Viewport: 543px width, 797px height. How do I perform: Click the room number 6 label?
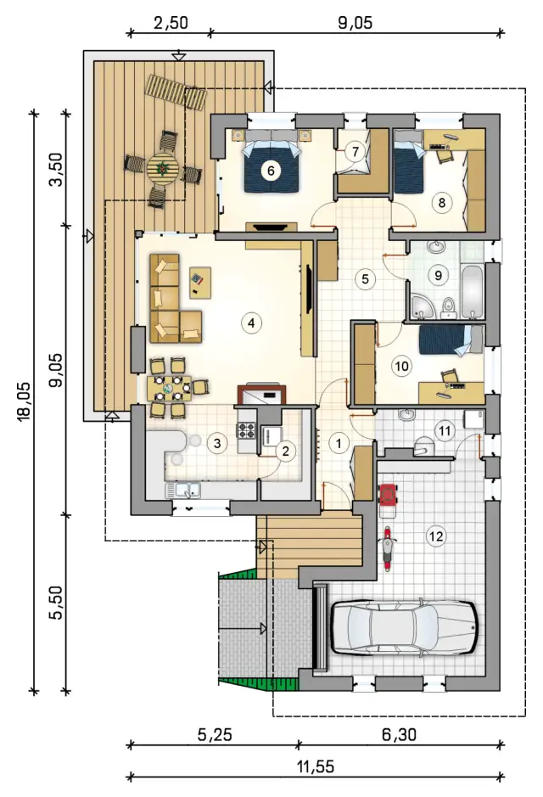271,171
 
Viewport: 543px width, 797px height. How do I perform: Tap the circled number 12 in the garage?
436,536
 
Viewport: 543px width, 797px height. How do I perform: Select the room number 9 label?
438,275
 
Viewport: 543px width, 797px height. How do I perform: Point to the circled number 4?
251,323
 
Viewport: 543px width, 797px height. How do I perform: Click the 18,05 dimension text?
24,401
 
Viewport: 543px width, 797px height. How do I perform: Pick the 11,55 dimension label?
316,766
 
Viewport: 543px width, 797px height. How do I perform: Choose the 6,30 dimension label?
399,734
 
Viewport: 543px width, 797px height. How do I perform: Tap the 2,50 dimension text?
171,23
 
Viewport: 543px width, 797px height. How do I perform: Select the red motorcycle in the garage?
388,549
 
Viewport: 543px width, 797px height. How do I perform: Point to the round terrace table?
163,169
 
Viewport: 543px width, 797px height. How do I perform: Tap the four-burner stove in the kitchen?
247,430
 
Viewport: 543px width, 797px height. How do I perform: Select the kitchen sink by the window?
182,490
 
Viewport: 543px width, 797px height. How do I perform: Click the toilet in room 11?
423,446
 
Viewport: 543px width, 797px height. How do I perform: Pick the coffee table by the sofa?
200,283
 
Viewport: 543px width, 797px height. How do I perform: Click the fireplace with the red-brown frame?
261,395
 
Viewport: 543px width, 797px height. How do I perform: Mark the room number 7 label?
355,151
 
